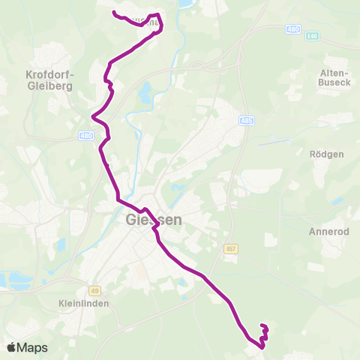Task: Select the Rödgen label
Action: (326, 154)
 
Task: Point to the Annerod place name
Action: (329, 232)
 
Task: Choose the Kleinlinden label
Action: (83, 304)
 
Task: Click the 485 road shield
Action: (247, 121)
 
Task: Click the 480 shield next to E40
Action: (292, 28)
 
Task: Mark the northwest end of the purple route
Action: (113, 13)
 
